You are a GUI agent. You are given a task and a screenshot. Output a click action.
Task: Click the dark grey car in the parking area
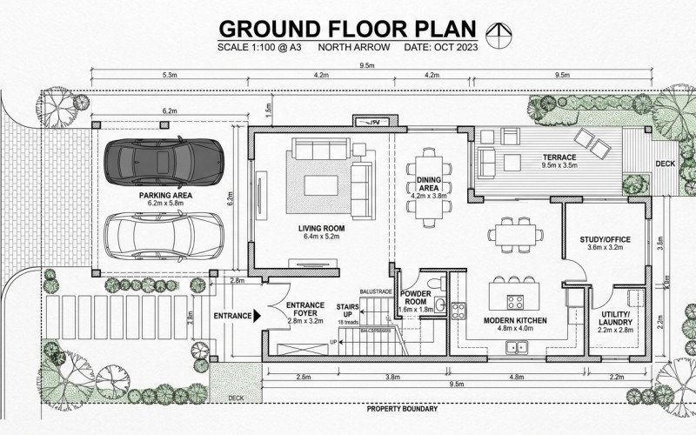[x=164, y=160]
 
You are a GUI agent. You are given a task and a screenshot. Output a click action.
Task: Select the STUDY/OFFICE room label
[x=604, y=239]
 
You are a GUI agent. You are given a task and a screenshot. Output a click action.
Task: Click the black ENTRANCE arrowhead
[x=256, y=316]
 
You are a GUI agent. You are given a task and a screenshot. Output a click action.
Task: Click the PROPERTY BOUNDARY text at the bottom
[x=401, y=408]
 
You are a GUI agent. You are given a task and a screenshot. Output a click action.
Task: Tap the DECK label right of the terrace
[x=664, y=163]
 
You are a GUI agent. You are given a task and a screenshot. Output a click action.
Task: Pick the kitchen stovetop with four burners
[x=515, y=304]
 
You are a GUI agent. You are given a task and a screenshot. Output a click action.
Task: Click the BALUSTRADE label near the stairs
[x=375, y=293]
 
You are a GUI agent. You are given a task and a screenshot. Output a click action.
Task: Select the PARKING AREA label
[x=165, y=196]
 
